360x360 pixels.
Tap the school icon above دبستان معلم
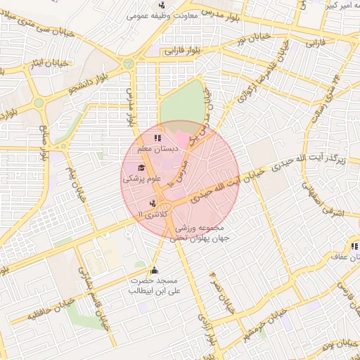[157, 138]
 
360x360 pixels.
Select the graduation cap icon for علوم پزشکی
[141, 167]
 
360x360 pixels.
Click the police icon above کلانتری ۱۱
[153, 202]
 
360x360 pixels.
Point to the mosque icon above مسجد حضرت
[154, 271]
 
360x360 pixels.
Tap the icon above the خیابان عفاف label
[354, 246]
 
